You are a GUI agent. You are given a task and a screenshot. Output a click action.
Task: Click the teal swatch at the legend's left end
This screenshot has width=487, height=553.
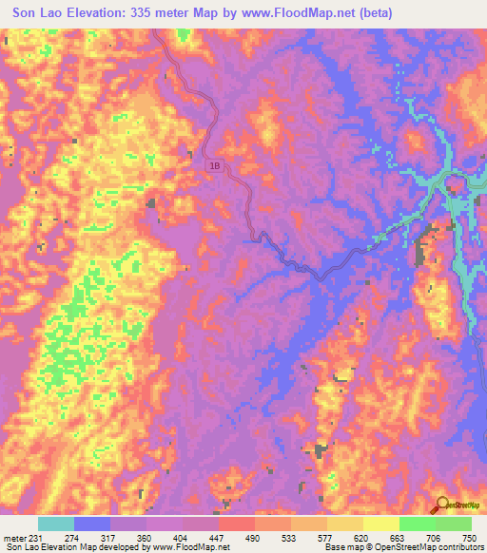tap(55, 524)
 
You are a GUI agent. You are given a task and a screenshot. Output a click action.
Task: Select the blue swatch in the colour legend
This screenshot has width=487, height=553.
tap(91, 524)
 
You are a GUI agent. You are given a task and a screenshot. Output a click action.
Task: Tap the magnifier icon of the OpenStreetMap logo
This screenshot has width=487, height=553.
tap(442, 505)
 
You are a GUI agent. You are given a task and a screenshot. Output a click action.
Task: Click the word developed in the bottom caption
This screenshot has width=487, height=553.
tap(121, 547)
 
